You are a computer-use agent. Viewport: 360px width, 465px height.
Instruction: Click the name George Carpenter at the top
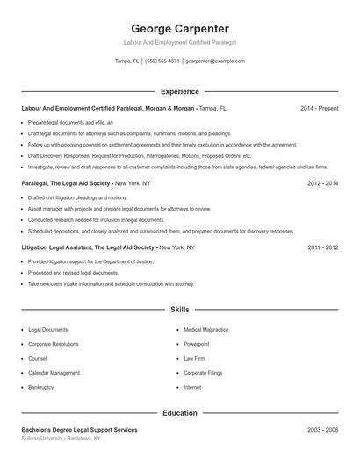(x=180, y=28)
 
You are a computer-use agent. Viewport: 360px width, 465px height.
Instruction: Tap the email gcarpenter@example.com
(x=215, y=61)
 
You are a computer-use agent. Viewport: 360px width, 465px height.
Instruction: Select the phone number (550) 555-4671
(x=162, y=61)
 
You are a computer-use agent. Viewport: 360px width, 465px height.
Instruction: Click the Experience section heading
(x=180, y=91)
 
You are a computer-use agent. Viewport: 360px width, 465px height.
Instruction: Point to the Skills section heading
(x=180, y=310)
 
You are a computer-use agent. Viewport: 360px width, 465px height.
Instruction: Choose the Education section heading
(x=180, y=412)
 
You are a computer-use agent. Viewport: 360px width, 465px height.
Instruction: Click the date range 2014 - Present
(x=319, y=109)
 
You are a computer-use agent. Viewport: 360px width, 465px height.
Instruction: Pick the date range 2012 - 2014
(x=322, y=183)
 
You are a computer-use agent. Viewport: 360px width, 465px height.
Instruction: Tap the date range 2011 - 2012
(x=322, y=247)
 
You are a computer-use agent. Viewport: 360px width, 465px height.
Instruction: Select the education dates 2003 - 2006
(x=322, y=430)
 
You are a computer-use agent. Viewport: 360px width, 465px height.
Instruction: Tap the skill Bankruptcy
(x=41, y=387)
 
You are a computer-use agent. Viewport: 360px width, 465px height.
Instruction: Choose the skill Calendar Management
(x=54, y=373)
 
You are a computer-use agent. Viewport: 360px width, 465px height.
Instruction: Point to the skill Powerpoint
(x=197, y=344)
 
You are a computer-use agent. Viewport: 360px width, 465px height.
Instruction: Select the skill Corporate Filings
(x=203, y=373)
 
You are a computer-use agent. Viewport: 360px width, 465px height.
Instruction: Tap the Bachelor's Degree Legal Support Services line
(x=79, y=430)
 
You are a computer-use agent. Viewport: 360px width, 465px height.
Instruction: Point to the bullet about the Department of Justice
(x=90, y=261)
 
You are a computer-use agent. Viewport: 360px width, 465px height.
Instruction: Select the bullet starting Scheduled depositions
(x=161, y=231)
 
